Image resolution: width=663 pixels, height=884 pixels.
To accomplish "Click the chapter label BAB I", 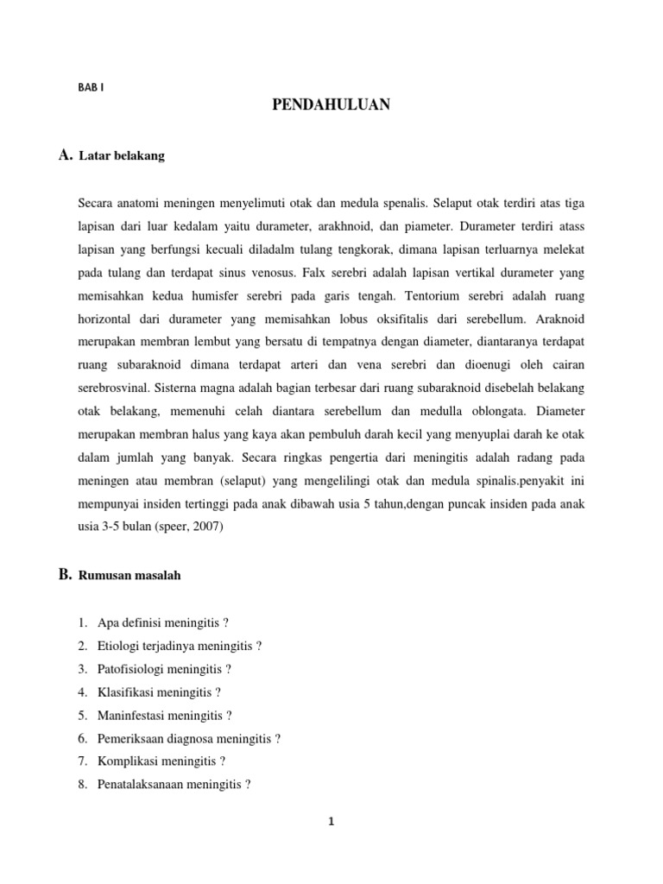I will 91,86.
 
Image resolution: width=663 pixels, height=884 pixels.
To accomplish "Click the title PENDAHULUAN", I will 331,105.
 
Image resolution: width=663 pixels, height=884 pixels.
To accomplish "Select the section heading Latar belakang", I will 121,156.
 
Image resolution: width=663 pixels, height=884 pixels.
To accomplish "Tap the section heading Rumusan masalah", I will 129,576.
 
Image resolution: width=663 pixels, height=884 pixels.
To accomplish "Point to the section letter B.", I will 65,575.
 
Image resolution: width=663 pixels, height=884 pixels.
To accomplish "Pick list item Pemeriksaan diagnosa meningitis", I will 189,739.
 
